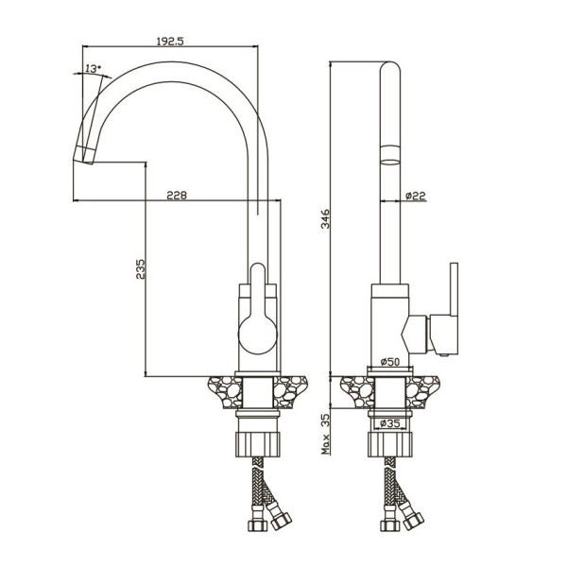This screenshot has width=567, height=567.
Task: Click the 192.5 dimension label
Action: pyautogui.click(x=170, y=41)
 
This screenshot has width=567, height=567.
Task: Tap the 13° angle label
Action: pyautogui.click(x=94, y=68)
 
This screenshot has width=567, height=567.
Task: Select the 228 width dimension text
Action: pyautogui.click(x=177, y=196)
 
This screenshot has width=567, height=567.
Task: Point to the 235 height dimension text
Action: pyautogui.click(x=140, y=268)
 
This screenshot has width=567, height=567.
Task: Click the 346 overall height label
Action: pyautogui.click(x=326, y=218)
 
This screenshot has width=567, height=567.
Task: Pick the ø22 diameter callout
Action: pyautogui.click(x=416, y=196)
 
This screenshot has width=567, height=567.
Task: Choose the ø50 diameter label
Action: pyautogui.click(x=389, y=361)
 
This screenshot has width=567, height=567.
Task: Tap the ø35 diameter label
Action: pyautogui.click(x=389, y=423)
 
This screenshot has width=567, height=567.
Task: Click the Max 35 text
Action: pyautogui.click(x=326, y=434)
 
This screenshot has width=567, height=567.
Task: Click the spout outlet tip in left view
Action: pyautogui.click(x=85, y=155)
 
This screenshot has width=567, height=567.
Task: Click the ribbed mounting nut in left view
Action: pyautogui.click(x=258, y=444)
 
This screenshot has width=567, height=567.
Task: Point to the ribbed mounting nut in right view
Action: pyautogui.click(x=389, y=444)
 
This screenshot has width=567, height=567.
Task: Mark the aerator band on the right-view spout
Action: pyautogui.click(x=389, y=155)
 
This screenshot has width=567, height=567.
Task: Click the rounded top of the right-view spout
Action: pyautogui.click(x=389, y=68)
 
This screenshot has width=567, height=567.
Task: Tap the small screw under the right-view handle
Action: pyautogui.click(x=444, y=355)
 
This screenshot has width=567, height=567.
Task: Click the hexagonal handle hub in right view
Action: pyautogui.click(x=415, y=335)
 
